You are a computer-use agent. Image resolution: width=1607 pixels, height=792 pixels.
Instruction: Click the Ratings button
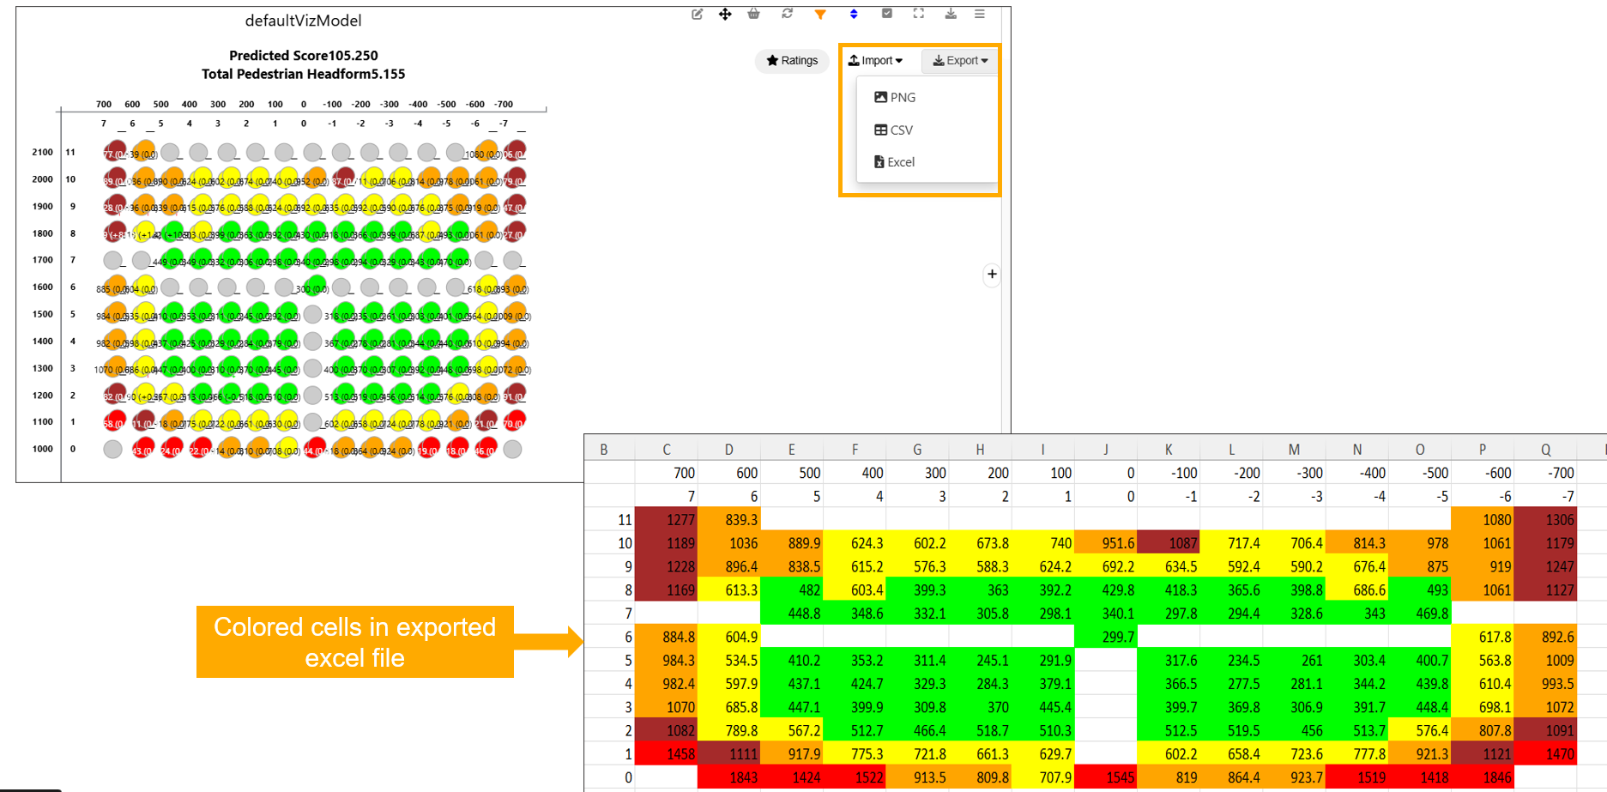click(x=792, y=61)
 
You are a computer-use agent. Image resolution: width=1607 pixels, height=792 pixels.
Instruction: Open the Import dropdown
click(x=875, y=61)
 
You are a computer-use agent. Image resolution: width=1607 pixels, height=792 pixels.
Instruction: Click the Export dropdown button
click(x=960, y=61)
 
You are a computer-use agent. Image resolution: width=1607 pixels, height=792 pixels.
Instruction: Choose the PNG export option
click(x=895, y=98)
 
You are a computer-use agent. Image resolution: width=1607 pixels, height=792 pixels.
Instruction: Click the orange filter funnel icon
click(x=820, y=14)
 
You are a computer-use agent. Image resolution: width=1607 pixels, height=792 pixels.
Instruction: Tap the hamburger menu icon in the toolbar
click(x=979, y=14)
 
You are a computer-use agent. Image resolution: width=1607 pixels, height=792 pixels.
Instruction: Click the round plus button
click(x=992, y=275)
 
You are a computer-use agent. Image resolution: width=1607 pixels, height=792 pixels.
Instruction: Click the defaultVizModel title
click(x=303, y=21)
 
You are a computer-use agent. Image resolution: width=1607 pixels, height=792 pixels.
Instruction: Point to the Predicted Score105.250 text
click(x=303, y=56)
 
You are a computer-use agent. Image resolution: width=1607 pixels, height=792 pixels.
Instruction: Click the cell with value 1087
click(x=1169, y=543)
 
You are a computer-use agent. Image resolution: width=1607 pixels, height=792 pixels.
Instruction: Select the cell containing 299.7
click(x=1106, y=637)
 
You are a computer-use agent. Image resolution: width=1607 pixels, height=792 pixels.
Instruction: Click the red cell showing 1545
click(x=1106, y=777)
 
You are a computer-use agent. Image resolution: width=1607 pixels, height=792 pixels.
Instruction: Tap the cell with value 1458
click(x=667, y=754)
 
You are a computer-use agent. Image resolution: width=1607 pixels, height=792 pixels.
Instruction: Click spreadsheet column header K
click(x=1169, y=450)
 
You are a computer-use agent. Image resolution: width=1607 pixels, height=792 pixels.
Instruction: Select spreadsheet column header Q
click(x=1545, y=450)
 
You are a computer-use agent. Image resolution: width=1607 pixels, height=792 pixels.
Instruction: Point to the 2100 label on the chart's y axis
click(x=42, y=152)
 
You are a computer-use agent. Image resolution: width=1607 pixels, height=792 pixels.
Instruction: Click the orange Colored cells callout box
click(x=354, y=642)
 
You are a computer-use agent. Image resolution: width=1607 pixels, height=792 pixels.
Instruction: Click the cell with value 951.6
click(x=1106, y=543)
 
